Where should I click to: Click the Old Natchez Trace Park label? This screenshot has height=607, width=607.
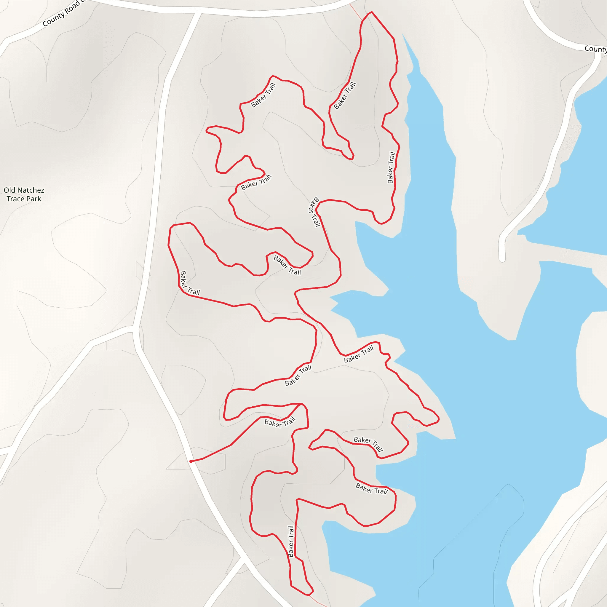24,194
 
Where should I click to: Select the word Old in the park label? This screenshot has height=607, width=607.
9,190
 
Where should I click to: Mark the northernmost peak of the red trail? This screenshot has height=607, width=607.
371,12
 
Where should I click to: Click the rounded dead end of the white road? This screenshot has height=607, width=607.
502,259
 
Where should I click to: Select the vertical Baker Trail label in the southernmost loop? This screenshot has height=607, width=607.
291,541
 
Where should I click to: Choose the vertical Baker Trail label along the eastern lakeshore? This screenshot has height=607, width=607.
391,167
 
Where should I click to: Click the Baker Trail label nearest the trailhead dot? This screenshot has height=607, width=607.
279,423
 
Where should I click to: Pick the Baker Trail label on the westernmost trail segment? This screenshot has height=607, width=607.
189,283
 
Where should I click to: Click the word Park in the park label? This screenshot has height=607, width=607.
33,199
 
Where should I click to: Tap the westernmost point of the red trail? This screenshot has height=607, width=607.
169,245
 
